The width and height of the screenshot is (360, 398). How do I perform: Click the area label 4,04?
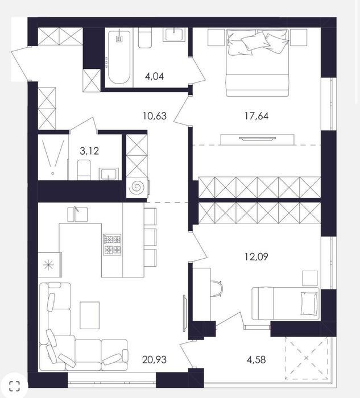[154, 76]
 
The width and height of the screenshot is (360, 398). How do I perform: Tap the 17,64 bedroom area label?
[256, 116]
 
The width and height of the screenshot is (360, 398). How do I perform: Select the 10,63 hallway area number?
[155, 116]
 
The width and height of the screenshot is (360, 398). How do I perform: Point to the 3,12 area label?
[89, 151]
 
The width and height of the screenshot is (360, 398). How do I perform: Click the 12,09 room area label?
[256, 256]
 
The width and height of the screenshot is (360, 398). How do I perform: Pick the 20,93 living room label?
[154, 359]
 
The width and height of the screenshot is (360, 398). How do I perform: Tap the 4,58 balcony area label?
[256, 359]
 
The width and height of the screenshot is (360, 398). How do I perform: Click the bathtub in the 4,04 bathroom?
[119, 57]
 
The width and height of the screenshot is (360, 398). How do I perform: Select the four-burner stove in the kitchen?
[112, 244]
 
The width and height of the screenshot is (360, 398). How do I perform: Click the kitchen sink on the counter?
[77, 214]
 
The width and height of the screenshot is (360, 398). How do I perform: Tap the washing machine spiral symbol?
[136, 188]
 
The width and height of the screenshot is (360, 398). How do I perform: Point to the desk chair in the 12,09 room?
[217, 288]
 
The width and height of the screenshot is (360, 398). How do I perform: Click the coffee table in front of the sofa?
[89, 315]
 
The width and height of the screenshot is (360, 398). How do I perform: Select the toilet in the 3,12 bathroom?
[84, 170]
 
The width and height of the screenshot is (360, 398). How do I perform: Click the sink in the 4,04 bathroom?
[174, 34]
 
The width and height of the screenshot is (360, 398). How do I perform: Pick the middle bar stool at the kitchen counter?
[150, 237]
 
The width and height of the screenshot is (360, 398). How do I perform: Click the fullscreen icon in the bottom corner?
[14, 386]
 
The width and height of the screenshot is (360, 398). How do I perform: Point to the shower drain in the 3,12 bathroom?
[52, 173]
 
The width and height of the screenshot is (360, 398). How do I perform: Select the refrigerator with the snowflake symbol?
[49, 265]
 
